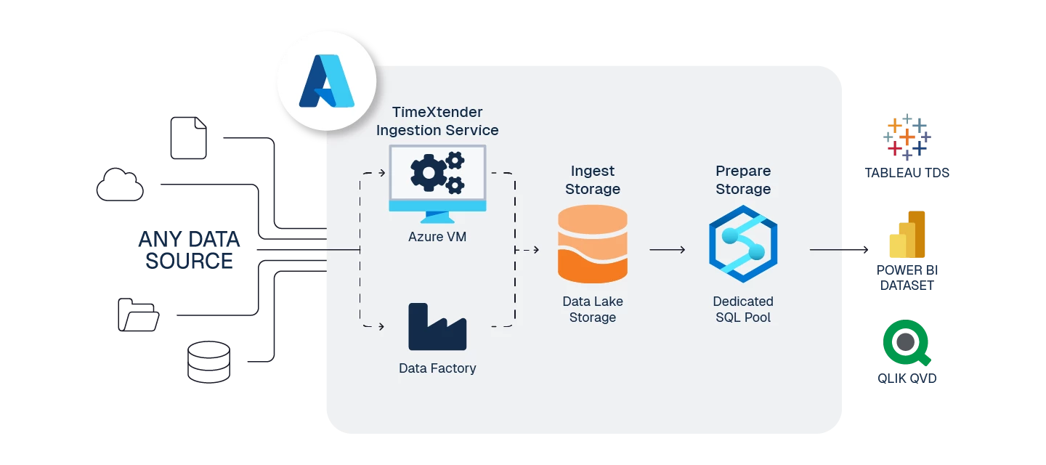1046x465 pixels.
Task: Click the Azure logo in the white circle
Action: (326, 81)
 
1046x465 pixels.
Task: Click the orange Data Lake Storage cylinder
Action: (592, 244)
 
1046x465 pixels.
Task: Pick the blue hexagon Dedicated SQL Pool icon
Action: (743, 244)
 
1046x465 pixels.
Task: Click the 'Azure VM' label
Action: (437, 237)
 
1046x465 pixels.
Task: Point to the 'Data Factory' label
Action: (437, 368)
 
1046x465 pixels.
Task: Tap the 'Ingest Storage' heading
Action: (592, 180)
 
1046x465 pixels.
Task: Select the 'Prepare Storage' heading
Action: (743, 180)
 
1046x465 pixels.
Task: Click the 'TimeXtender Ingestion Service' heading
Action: (437, 121)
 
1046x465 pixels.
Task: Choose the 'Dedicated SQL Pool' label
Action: (743, 309)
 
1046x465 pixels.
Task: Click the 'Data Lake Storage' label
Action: (592, 309)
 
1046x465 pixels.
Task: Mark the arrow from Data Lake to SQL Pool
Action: (667, 250)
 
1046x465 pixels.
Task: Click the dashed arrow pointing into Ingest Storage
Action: (528, 250)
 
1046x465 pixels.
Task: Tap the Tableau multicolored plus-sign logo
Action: (907, 135)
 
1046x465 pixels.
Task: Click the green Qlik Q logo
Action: (907, 344)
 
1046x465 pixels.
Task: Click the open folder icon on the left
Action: (139, 315)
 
